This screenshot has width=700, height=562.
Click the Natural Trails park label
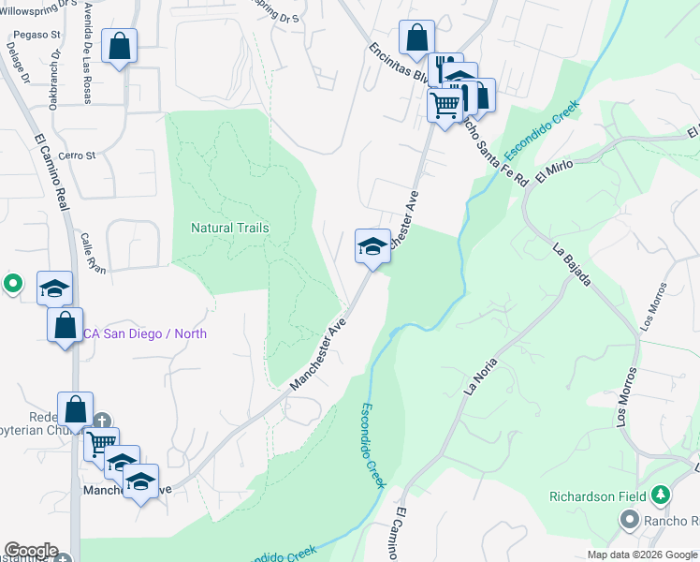point(229,228)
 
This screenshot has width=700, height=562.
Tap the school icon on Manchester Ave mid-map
point(372,247)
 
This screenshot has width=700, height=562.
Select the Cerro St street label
point(78,155)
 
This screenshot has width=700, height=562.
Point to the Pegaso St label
point(36,36)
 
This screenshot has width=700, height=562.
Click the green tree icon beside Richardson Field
point(661,494)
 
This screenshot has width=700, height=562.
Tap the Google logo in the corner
point(30,551)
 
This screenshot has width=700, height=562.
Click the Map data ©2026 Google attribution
point(642,555)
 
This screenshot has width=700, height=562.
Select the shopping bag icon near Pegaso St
point(120,46)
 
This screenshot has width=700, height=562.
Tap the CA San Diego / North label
point(145,333)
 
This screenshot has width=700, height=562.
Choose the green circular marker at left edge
point(12,282)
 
